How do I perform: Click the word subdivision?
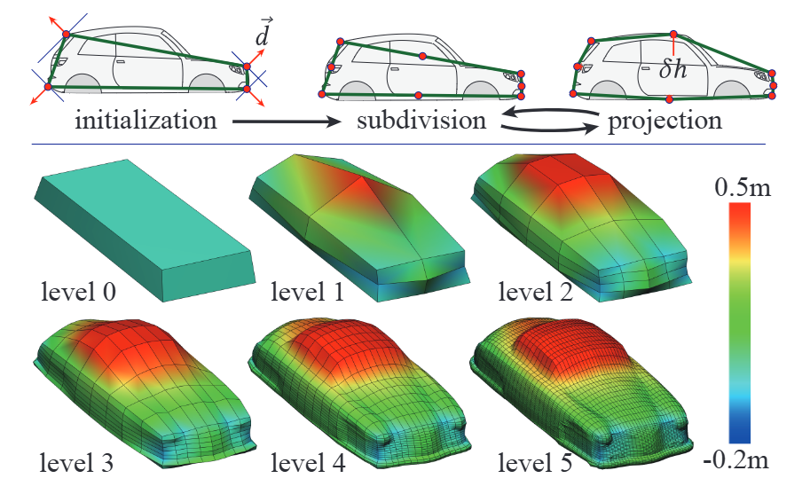tap(421, 120)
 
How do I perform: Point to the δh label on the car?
tap(673, 68)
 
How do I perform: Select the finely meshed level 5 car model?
tap(586, 390)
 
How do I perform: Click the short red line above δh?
tap(673, 45)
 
